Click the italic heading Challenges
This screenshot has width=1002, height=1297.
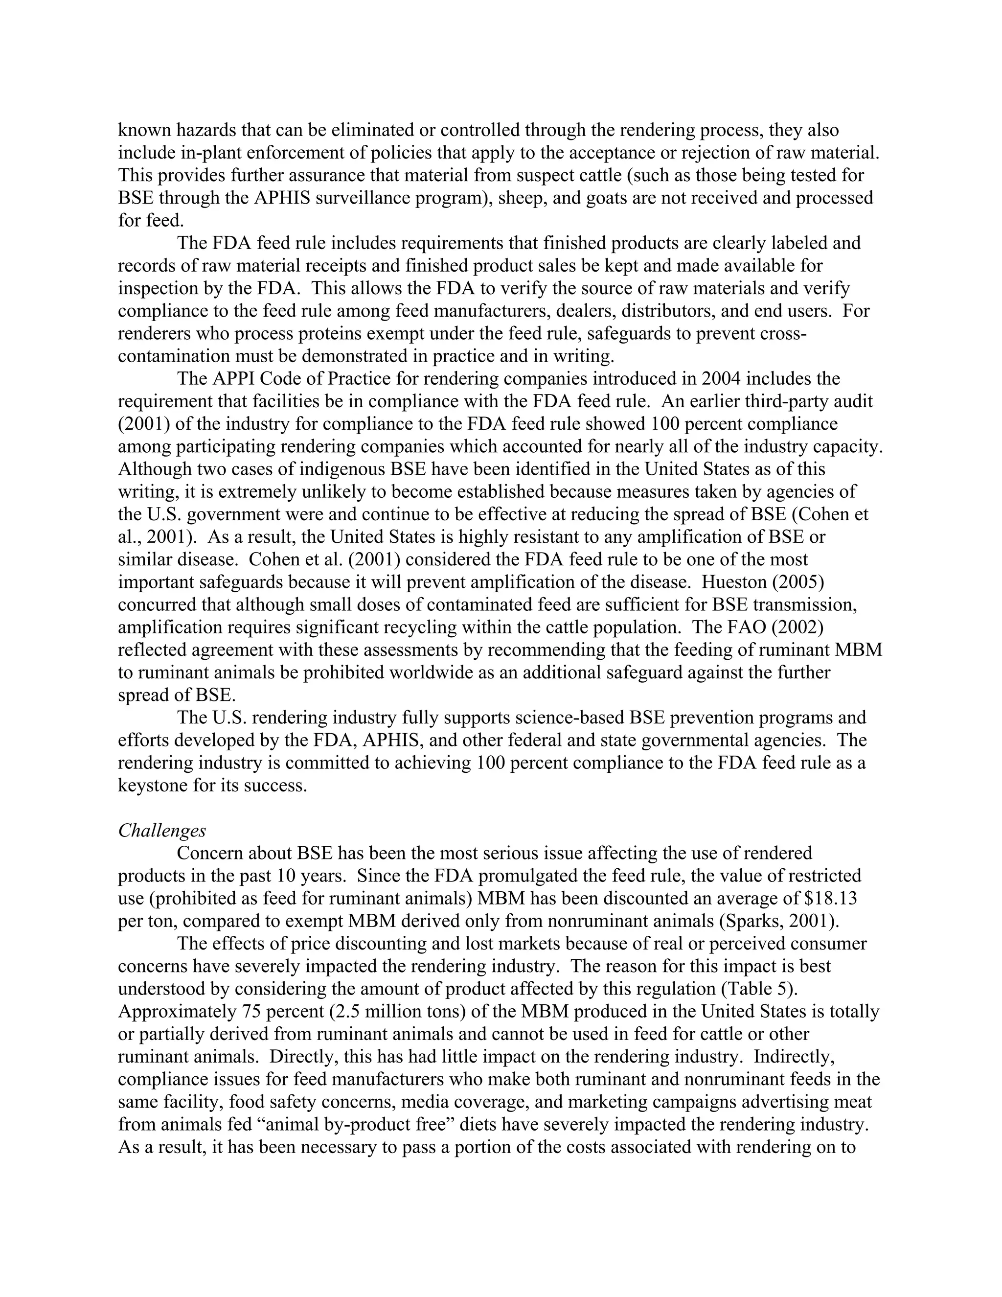point(161,830)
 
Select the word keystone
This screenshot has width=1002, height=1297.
point(153,785)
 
